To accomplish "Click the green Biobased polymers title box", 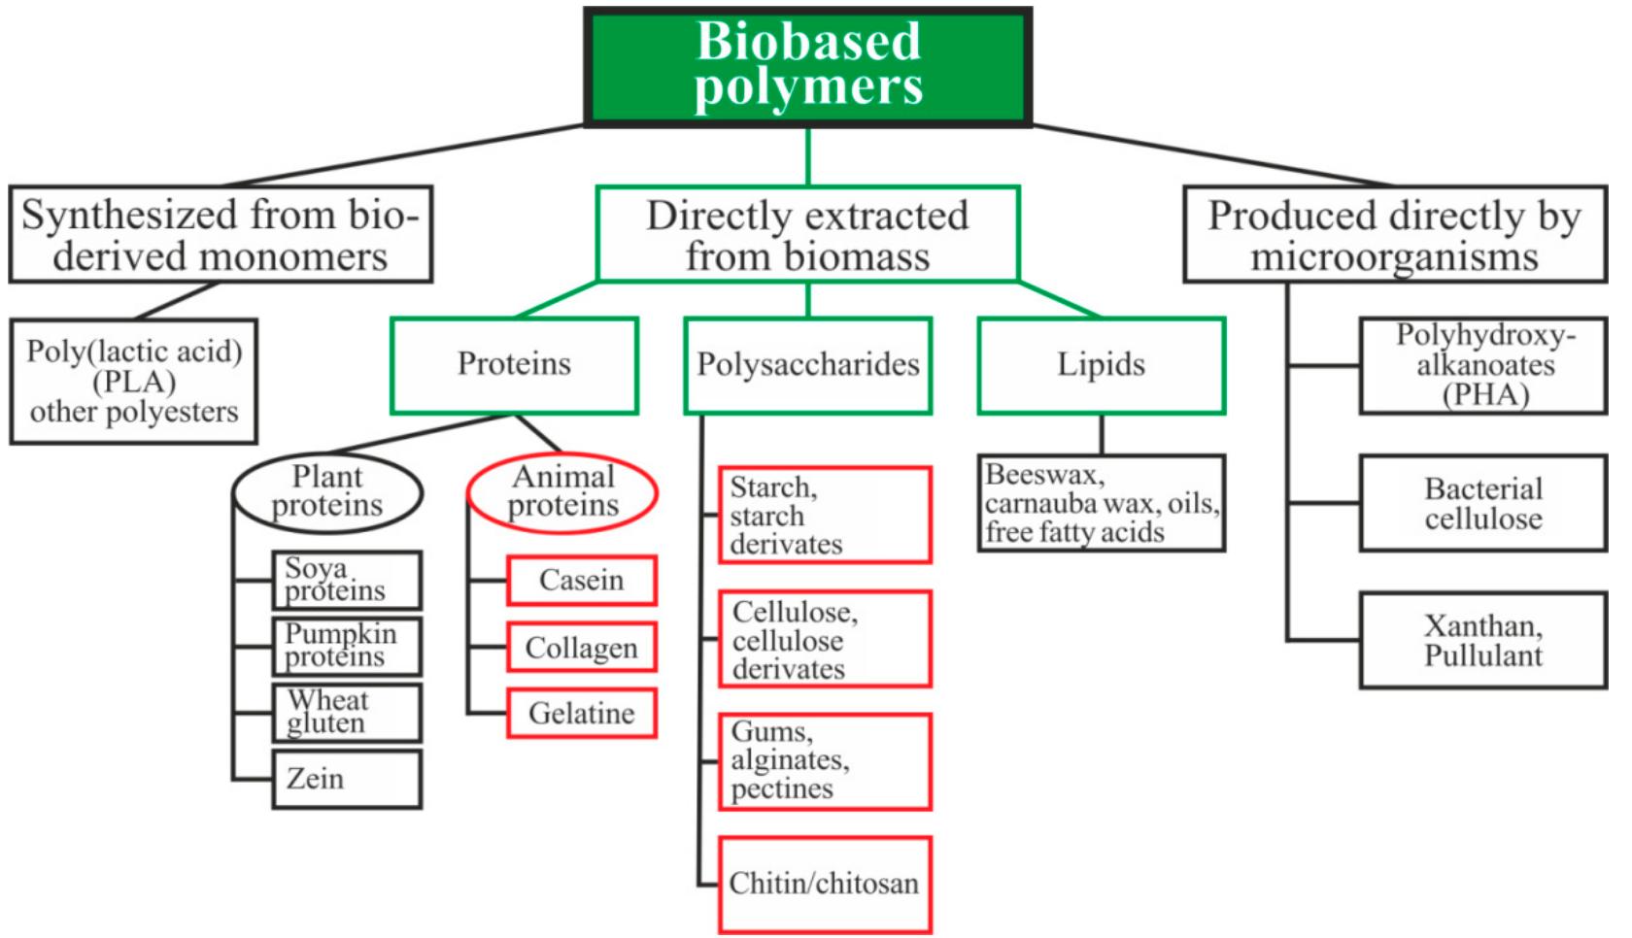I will click(807, 66).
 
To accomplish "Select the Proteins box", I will click(514, 365).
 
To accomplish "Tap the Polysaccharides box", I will click(807, 365).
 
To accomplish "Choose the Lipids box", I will click(1101, 365).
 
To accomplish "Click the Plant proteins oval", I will click(327, 492).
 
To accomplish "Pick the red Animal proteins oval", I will click(562, 492).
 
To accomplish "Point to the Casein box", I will click(581, 581).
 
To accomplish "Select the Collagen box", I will click(581, 648).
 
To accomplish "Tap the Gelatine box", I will click(581, 714).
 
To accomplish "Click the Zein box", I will click(347, 779).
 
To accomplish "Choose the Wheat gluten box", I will click(347, 713).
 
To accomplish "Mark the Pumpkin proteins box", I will click(347, 647).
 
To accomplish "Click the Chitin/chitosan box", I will click(824, 885).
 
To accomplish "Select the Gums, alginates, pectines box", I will click(824, 761).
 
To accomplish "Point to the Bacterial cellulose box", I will click(1482, 503).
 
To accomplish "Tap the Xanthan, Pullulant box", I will click(1482, 641).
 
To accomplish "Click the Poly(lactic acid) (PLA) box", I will click(134, 382).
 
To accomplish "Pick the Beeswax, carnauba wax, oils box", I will click(1101, 503).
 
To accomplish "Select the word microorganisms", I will click(1394, 258).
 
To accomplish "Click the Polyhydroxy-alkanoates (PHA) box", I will click(1482, 365).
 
